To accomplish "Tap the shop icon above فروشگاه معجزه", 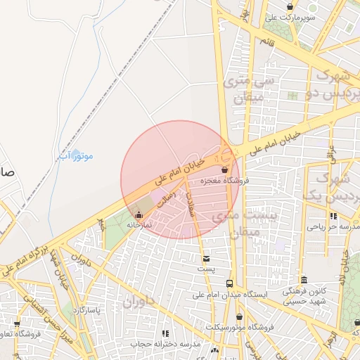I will pos(224,170).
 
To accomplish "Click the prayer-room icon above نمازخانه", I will pos(138,214).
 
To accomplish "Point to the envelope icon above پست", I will pos(205,259).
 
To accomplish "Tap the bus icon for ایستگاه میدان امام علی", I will pos(229,283).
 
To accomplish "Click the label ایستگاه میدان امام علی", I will pos(229,294).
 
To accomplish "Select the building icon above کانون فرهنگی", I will pos(304,280).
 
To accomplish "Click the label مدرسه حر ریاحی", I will pos(333,227).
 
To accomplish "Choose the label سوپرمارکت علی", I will pos(290,17).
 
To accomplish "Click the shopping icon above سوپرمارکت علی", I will pos(290,6).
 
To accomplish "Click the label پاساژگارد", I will pos(87,309).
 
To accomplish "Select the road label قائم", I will pos(266,43).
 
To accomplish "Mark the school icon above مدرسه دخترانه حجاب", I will pos(165,333).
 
